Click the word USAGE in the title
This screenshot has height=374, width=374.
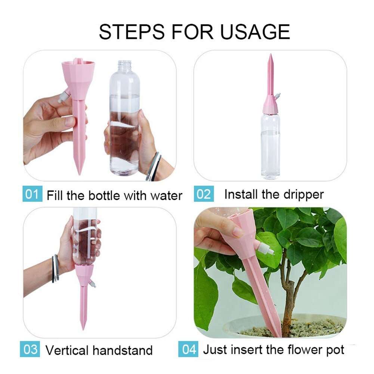(x=255, y=32)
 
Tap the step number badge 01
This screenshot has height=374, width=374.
(x=32, y=194)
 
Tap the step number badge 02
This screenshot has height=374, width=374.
(x=204, y=194)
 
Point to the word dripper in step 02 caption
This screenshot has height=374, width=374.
(x=303, y=194)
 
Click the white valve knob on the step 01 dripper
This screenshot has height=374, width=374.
(x=63, y=98)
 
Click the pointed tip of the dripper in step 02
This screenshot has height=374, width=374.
(x=270, y=56)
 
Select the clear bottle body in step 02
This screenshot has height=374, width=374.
(x=270, y=146)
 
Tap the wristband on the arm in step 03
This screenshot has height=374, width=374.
(x=56, y=268)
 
